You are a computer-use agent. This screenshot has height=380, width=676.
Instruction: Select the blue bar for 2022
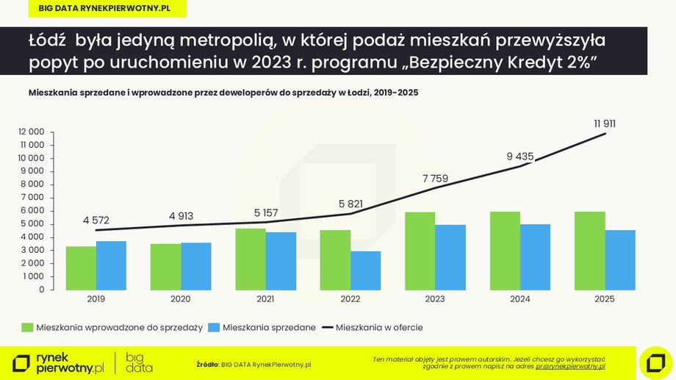pos(365,270)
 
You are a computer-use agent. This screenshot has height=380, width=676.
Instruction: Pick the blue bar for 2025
pos(620,260)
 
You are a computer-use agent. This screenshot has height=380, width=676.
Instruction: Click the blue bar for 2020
pos(195,266)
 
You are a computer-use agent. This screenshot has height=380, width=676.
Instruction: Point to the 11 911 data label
pos(605,123)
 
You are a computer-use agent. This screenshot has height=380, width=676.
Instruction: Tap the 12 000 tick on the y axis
pos(32,132)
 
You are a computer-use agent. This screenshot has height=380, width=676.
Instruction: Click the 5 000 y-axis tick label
pos(32,223)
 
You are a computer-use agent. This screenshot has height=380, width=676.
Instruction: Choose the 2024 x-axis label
pos(519,299)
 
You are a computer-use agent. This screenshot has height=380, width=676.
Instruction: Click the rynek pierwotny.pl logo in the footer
pos(58,362)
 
